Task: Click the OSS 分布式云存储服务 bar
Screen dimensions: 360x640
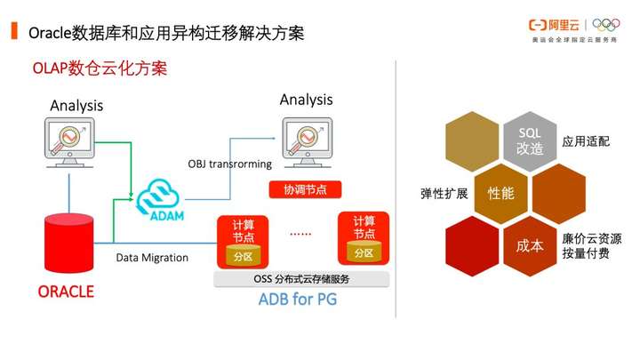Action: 301,279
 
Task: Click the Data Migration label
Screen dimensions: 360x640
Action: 152,258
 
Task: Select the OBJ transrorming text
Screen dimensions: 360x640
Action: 225,164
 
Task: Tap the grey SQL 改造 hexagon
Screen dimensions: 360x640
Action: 530,140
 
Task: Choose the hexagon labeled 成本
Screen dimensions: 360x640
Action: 529,244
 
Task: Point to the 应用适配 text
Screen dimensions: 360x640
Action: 586,141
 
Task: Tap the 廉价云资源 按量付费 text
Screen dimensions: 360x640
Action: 591,246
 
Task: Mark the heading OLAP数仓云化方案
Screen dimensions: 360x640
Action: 100,68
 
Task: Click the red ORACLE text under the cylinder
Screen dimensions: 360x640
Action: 66,291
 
